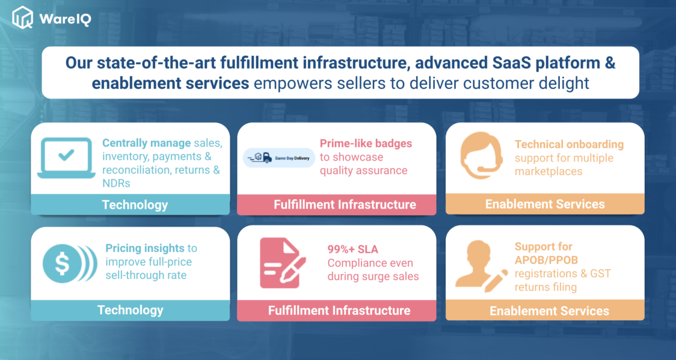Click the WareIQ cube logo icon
click(23, 17)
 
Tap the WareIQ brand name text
click(65, 19)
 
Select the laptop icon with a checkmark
click(66, 157)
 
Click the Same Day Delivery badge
click(278, 158)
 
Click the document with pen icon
click(281, 263)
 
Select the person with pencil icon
click(479, 266)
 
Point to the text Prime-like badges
click(366, 144)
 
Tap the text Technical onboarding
click(569, 144)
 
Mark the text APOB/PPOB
click(546, 260)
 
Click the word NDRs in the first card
click(116, 183)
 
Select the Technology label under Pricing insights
click(130, 310)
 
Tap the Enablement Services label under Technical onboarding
click(545, 204)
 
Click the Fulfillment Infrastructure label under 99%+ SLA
click(339, 310)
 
